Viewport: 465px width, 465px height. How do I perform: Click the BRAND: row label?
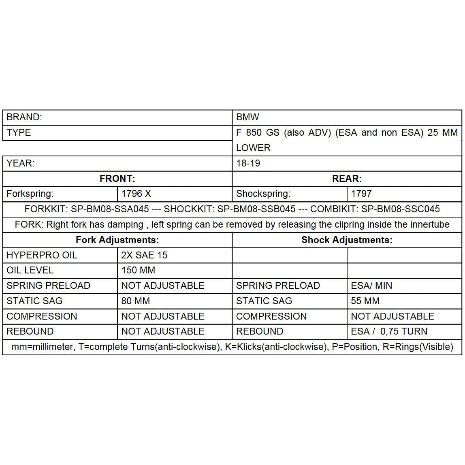24,117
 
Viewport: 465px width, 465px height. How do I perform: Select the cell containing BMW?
247,117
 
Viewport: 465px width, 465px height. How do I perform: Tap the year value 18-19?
248,163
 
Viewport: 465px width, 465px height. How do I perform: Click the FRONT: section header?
117,179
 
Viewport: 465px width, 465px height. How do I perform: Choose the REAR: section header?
347,179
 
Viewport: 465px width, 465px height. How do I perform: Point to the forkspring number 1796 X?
136,194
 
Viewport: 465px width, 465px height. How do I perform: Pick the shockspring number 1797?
361,194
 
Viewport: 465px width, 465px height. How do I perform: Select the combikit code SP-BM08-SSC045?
400,209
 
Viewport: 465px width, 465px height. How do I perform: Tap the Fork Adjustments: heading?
117,240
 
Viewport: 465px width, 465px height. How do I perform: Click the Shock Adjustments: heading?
347,240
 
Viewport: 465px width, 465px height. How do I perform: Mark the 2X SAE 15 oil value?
144,255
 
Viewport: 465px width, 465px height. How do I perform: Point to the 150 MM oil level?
138,270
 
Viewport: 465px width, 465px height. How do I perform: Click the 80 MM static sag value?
135,301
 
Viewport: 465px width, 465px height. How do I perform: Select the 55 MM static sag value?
365,301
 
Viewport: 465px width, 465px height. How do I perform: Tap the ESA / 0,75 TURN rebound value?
389,331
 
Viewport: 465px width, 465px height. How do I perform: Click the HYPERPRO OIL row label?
42,255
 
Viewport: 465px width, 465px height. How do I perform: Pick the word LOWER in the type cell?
253,148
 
